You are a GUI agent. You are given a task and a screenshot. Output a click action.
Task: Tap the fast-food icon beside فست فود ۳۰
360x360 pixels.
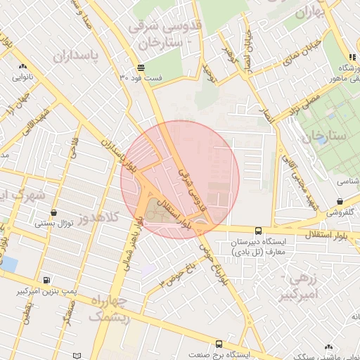141,67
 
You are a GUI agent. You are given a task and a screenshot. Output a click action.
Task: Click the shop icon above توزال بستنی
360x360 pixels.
54,212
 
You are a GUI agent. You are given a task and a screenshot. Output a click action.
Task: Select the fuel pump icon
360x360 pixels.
46,279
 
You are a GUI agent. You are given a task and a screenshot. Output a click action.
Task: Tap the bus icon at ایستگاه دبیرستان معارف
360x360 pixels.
258,230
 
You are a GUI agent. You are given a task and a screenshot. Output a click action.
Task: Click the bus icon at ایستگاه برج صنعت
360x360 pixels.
219,344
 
